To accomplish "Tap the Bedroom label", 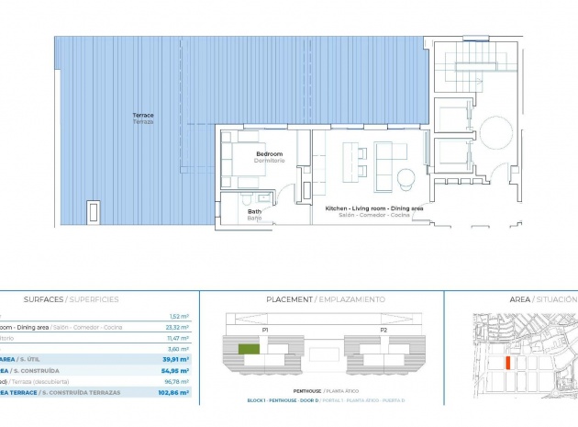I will pos(268,153).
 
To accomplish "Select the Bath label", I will pos(254,210).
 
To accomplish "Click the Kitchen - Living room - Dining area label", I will pos(374,209).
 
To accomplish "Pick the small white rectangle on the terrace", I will pos(93,212).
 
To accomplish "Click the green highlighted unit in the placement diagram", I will pos(248,349).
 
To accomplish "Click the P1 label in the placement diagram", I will pos(264,328).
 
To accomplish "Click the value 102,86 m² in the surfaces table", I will pos(172,392).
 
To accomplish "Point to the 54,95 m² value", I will pos(174,370).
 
